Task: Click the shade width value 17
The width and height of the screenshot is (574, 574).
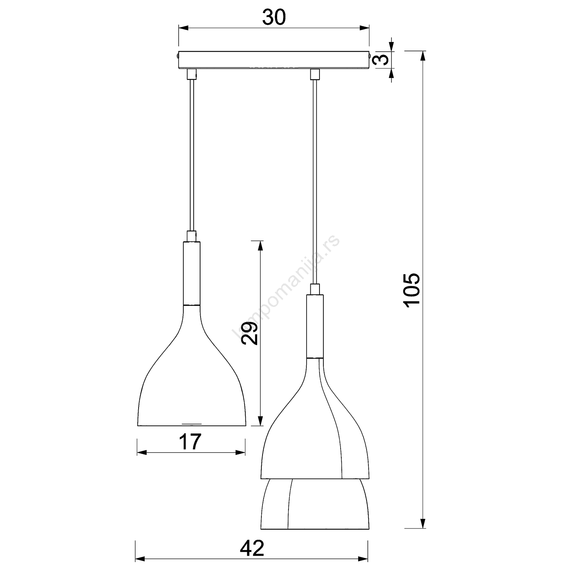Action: coord(190,442)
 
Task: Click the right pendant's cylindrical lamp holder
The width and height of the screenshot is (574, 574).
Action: coord(315,326)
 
